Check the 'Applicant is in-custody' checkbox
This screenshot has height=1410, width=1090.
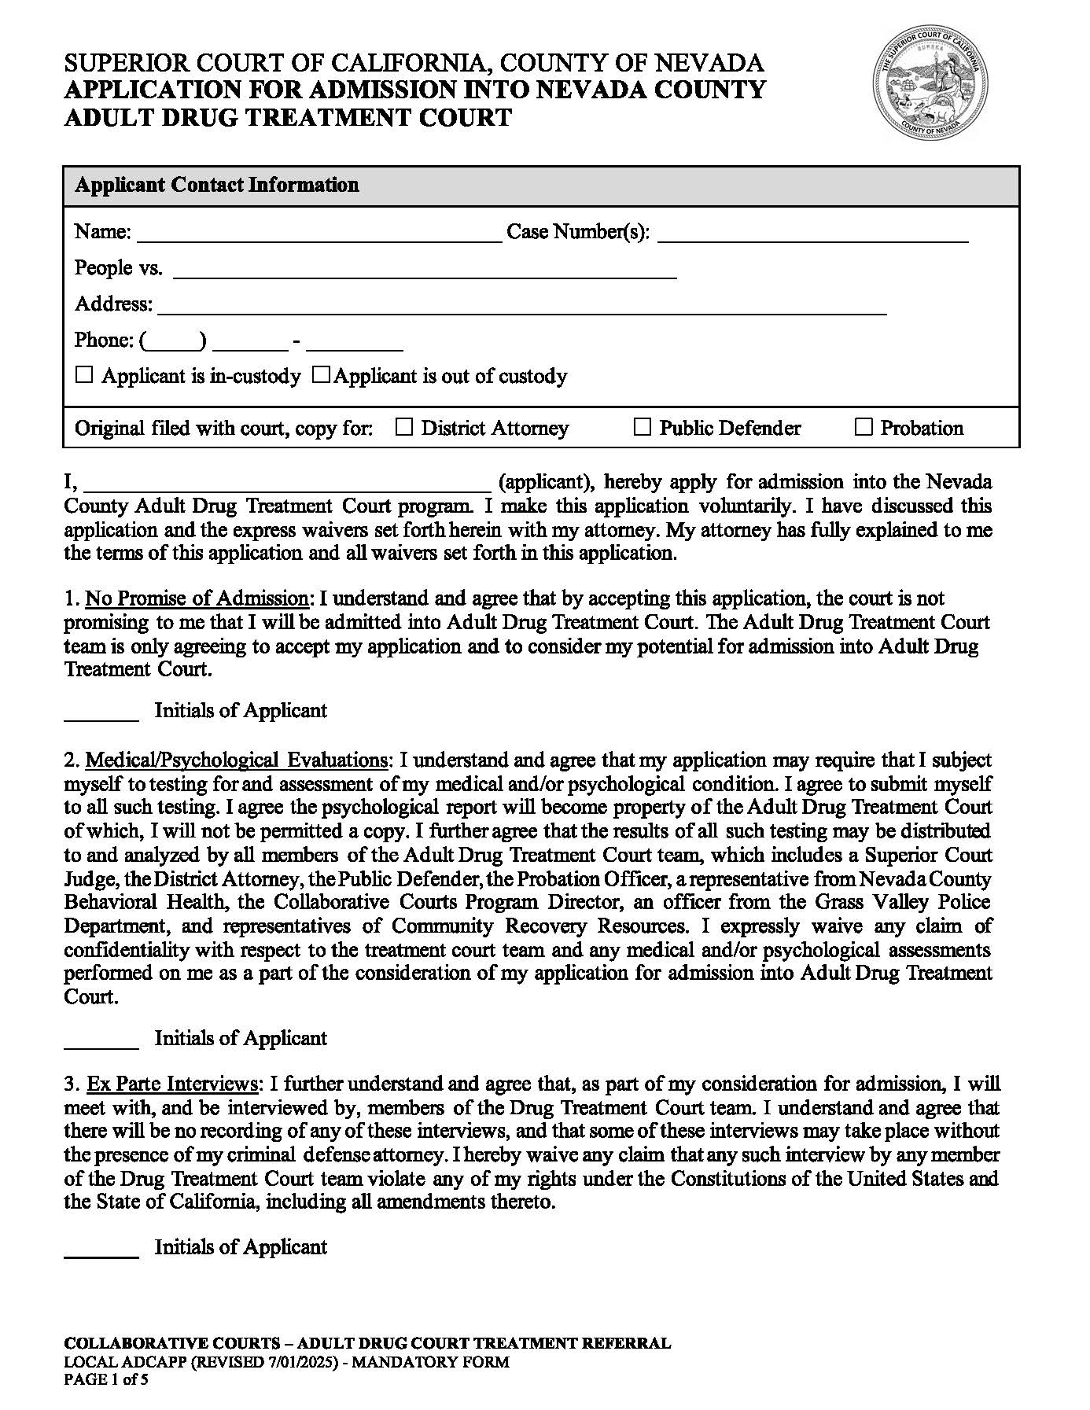(84, 375)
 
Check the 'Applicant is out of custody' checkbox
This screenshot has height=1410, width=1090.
(320, 375)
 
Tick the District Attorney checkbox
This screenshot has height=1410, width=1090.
(403, 427)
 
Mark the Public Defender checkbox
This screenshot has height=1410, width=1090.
(643, 427)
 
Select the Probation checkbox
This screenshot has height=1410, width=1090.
(864, 427)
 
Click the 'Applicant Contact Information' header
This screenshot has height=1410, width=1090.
(217, 185)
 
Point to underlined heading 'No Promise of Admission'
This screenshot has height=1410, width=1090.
(197, 598)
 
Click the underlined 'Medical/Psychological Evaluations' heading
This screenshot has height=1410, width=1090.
(236, 760)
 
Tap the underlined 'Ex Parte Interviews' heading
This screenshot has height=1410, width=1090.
(171, 1084)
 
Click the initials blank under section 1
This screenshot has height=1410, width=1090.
(101, 712)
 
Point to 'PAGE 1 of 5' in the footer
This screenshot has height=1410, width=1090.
(106, 1379)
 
